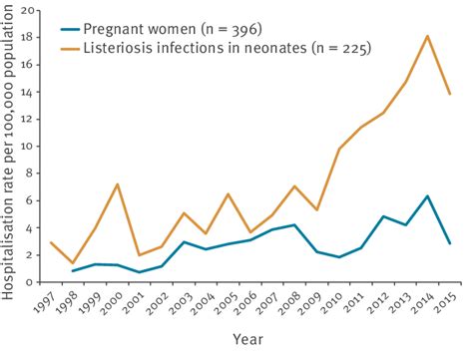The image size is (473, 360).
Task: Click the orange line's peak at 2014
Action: pyautogui.click(x=427, y=36)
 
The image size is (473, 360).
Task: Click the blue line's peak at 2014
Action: pyautogui.click(x=427, y=195)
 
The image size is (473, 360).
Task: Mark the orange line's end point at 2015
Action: pyautogui.click(x=450, y=94)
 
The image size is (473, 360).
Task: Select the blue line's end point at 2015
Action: pyautogui.click(x=450, y=243)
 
